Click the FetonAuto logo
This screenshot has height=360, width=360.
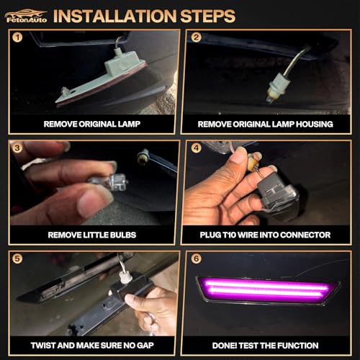(26, 16)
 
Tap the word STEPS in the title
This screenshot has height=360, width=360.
(207, 16)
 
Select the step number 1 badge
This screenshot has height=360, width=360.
(17, 37)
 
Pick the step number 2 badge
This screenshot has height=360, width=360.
(196, 37)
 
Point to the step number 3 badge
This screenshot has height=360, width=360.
(17, 148)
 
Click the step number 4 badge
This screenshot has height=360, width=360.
(196, 148)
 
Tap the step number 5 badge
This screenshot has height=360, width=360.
(17, 258)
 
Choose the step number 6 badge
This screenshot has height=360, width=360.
(196, 258)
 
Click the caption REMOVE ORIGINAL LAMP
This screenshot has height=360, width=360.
(92, 124)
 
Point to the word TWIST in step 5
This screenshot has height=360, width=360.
(43, 346)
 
